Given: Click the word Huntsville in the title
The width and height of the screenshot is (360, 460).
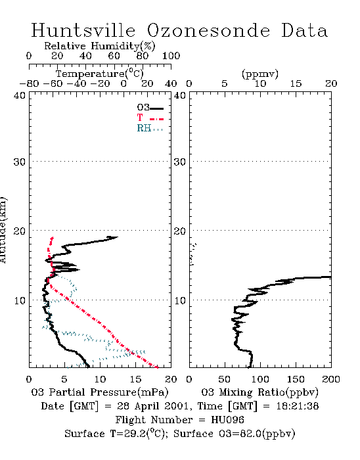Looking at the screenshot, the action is pos(83,30).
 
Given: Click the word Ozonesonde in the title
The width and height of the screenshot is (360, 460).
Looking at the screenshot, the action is pos(208,30).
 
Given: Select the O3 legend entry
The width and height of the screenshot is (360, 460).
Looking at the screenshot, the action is pos(150,108).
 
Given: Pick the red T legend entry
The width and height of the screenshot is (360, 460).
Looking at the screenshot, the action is pos(150,118).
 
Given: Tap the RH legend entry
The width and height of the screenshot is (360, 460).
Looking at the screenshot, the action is pos(150,128).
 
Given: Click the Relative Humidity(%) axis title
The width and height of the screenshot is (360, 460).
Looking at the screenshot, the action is pos(100,46).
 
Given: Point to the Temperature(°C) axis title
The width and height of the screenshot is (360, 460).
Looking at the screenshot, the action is pos(100,74).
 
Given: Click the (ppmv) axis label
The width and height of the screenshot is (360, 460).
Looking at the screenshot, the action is pos(260,74).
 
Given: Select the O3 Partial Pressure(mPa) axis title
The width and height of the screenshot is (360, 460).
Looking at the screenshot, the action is pos(100,392).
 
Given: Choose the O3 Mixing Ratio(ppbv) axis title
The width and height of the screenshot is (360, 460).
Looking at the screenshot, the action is pos(259,392).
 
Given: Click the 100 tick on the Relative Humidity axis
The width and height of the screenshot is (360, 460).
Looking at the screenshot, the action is pos(171,56).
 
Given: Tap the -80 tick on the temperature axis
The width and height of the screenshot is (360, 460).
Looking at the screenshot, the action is pos(29,84).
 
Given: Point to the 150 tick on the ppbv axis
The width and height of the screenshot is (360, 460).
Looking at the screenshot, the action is pos(296,379).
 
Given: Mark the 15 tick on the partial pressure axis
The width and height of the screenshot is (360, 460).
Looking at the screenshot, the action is pos(135,379).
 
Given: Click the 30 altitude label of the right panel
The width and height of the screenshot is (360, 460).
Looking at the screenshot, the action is pos(180,162).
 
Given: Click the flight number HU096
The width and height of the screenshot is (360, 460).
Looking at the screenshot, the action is pos(227,419).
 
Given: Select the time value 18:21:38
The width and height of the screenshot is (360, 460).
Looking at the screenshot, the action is pos(298,406).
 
